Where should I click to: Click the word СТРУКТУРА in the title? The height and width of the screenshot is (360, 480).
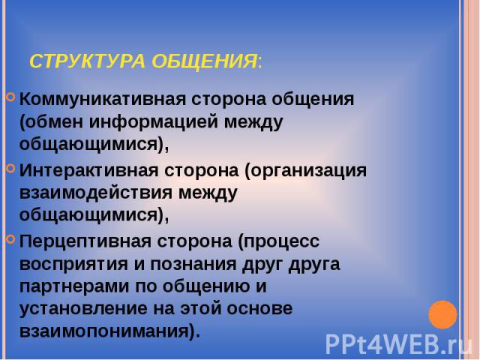click(x=87, y=61)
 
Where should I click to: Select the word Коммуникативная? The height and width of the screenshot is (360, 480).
click(x=103, y=99)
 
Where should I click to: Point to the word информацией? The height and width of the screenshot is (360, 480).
click(x=154, y=122)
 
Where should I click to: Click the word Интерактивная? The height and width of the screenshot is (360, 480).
click(x=89, y=170)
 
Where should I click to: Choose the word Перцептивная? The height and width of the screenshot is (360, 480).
click(x=85, y=241)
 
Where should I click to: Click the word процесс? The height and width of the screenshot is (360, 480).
click(x=279, y=242)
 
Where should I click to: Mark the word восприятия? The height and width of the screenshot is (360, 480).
click(x=73, y=265)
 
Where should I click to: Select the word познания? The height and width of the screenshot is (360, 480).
click(x=193, y=264)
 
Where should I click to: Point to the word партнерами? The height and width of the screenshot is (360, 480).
click(x=75, y=287)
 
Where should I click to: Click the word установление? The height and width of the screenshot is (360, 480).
click(x=83, y=309)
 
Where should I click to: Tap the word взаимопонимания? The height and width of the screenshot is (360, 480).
click(x=106, y=331)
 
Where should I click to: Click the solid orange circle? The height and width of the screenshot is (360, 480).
click(x=442, y=315)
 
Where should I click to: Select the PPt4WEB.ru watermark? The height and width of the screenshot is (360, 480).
click(x=399, y=344)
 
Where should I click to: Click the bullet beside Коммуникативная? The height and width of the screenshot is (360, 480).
click(x=10, y=97)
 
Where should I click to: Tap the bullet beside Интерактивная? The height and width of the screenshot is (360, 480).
click(x=10, y=168)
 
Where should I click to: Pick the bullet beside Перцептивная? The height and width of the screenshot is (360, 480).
click(x=10, y=238)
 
